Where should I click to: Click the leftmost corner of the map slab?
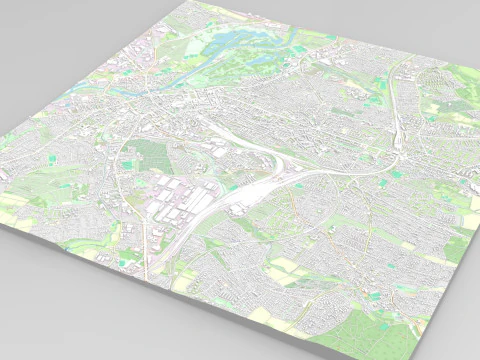tap(3, 222)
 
